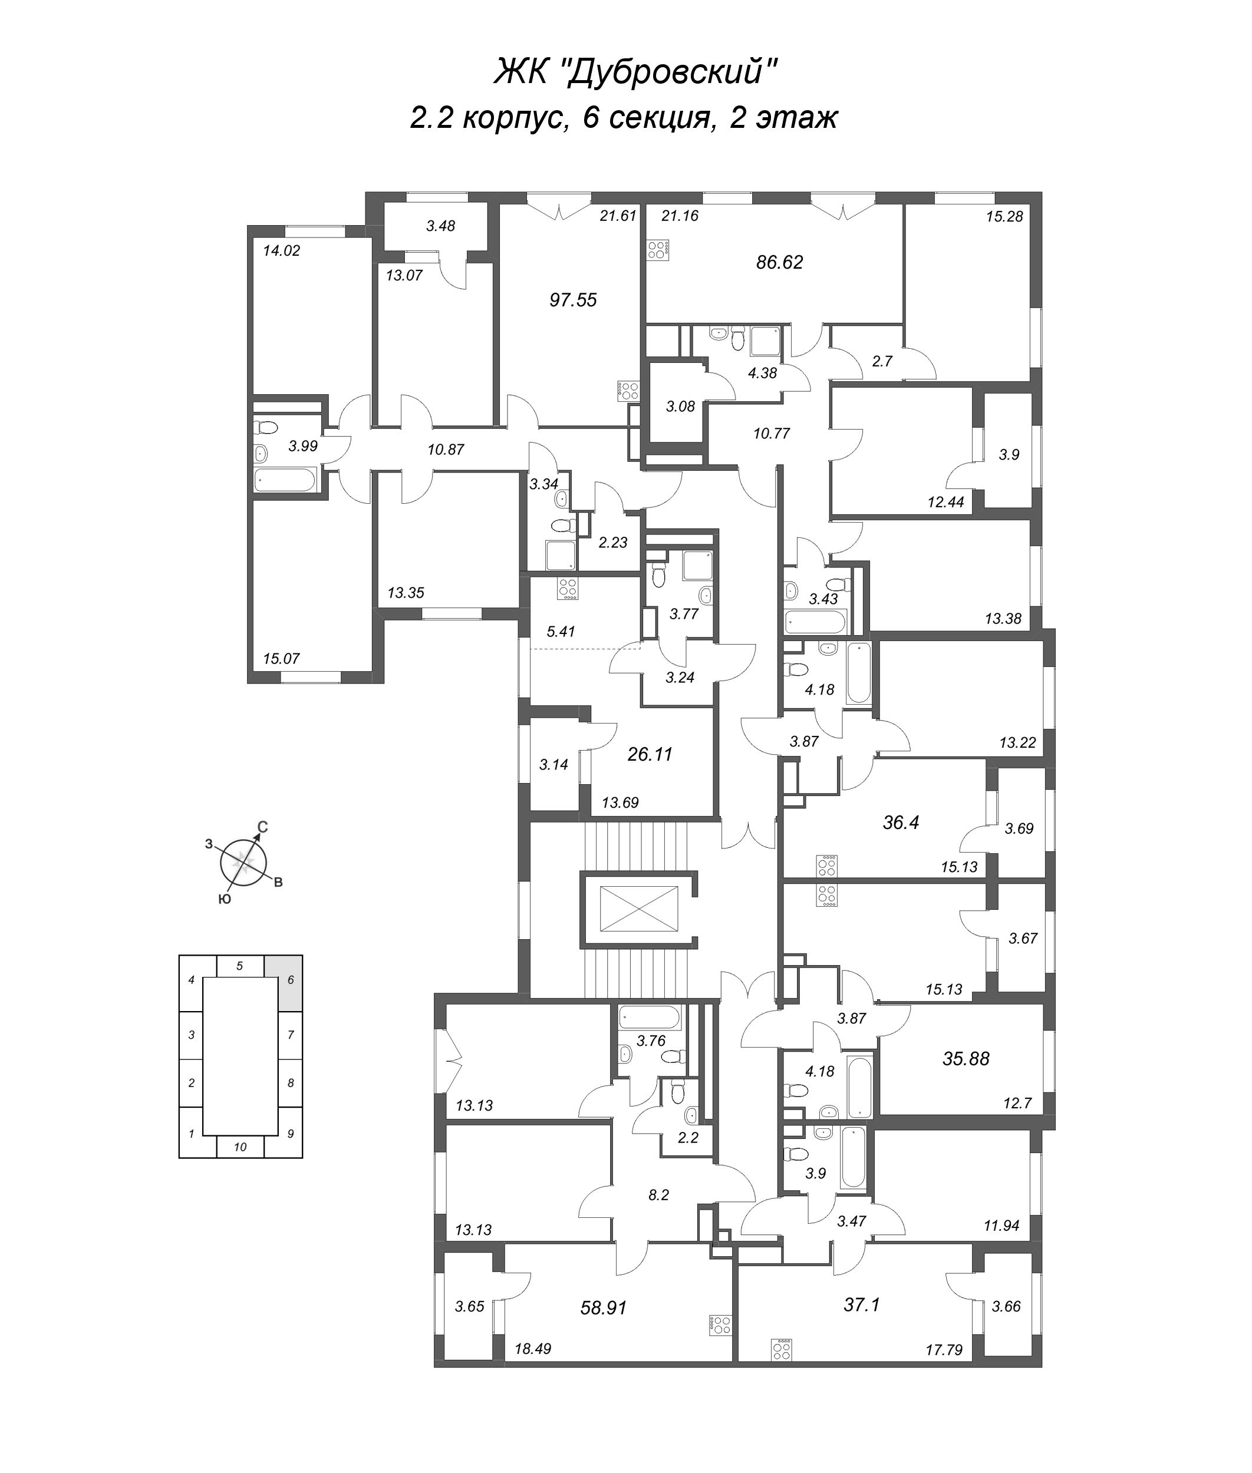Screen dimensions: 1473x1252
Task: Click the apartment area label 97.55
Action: (x=573, y=300)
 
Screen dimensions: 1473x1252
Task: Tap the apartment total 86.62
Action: (x=779, y=263)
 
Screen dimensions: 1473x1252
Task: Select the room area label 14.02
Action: (x=282, y=250)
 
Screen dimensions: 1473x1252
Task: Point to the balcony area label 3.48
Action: (x=441, y=226)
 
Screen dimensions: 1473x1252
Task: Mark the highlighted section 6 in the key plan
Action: (x=290, y=980)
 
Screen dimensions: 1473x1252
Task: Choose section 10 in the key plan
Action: (x=240, y=1147)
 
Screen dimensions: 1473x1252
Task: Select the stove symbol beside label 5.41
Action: (x=567, y=589)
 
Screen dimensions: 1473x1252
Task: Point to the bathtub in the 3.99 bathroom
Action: (x=284, y=480)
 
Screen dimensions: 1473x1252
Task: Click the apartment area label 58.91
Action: (x=603, y=1307)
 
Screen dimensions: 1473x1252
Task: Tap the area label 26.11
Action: (x=650, y=754)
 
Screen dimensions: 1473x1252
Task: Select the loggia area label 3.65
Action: (x=469, y=1306)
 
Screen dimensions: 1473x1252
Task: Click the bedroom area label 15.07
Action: (x=281, y=659)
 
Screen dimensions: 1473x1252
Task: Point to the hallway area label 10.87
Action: (x=446, y=449)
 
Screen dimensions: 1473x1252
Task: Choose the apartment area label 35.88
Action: (x=966, y=1059)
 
